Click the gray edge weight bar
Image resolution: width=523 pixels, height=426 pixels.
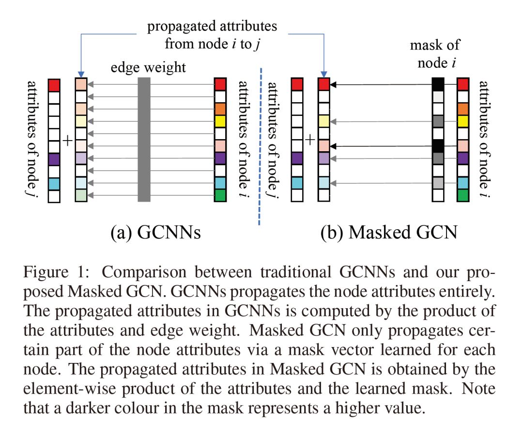pyautogui.click(x=144, y=140)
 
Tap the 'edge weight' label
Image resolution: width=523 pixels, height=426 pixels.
pyautogui.click(x=148, y=67)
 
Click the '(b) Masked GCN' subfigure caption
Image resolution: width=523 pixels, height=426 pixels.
pyautogui.click(x=389, y=233)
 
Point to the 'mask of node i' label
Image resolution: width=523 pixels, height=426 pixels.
pyautogui.click(x=434, y=53)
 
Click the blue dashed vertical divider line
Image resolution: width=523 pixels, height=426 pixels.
pyautogui.click(x=261, y=145)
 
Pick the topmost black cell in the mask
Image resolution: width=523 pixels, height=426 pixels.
pyautogui.click(x=438, y=85)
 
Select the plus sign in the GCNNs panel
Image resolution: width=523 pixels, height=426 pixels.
pyautogui.click(x=67, y=141)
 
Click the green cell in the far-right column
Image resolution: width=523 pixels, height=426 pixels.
pyautogui.click(x=463, y=195)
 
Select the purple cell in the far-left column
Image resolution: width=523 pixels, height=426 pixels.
pyautogui.click(x=54, y=158)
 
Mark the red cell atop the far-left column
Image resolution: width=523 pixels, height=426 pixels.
pyautogui.click(x=54, y=85)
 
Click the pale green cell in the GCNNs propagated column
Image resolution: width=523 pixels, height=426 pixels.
pyautogui.click(x=81, y=195)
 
